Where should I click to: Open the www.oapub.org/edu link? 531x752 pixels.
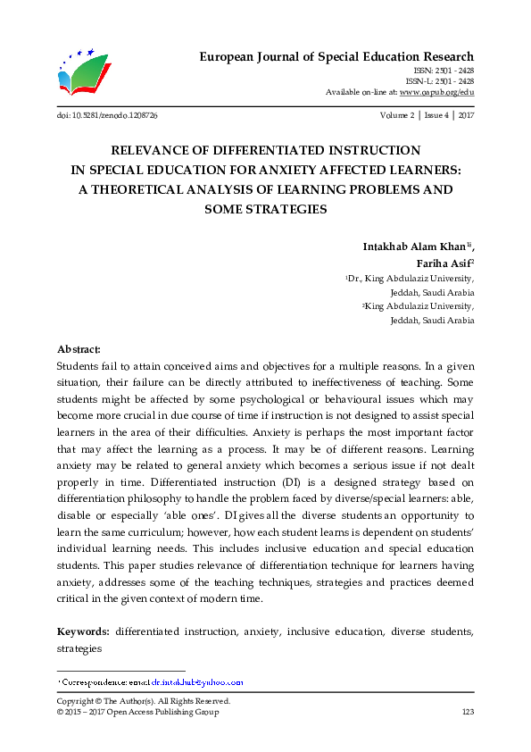point(436,92)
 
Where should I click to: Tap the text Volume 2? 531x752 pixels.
point(397,117)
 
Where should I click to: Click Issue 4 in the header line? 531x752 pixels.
point(436,117)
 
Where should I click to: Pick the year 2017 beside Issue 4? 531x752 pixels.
point(465,117)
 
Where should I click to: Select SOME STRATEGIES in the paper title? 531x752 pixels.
point(265,209)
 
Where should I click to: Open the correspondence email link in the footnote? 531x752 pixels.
point(195,682)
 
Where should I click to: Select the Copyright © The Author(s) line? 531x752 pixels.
point(143,701)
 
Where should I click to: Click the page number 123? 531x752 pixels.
point(467,712)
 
